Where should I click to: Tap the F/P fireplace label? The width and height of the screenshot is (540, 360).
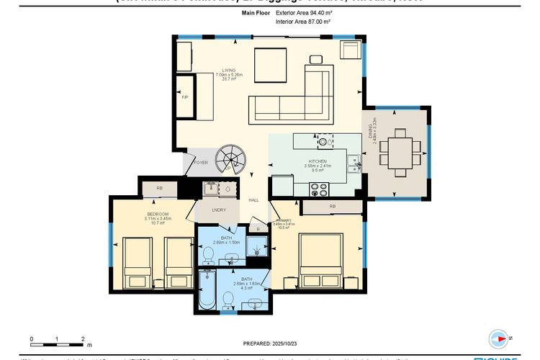(184, 96)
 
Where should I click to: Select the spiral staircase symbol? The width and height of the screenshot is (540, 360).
(233, 156)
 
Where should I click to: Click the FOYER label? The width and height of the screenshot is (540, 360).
(202, 163)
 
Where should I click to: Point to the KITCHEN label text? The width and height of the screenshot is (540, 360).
(318, 161)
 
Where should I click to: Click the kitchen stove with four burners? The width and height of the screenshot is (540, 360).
(318, 189)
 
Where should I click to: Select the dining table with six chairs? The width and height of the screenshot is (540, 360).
(400, 152)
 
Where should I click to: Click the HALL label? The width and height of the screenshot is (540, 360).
(253, 199)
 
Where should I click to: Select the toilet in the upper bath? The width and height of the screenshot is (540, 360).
(207, 253)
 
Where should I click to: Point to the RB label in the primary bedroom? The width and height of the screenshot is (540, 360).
(332, 207)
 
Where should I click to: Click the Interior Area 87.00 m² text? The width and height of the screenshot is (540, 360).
(302, 22)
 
